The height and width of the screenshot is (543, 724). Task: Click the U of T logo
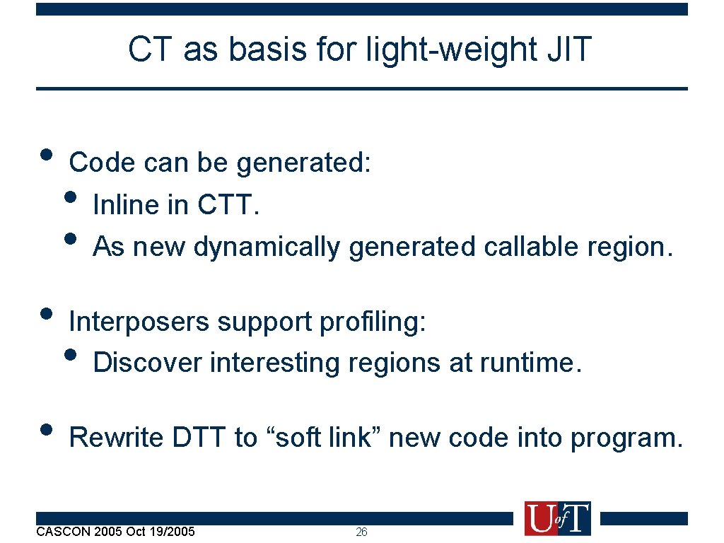pos(557,518)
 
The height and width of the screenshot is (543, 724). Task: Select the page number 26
pos(361,532)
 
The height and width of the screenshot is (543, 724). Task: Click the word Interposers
pos(139,322)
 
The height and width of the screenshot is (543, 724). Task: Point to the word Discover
pos(147,363)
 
